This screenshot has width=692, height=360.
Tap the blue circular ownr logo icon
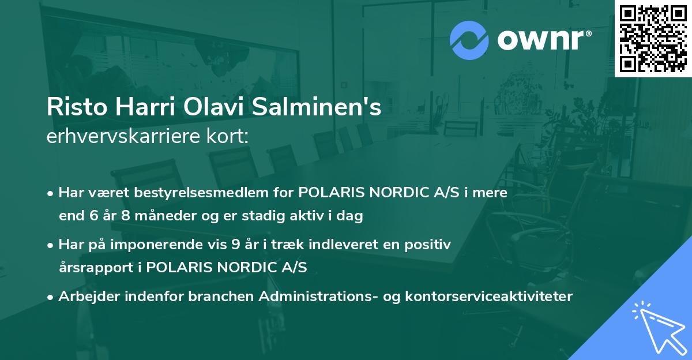(470, 39)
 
